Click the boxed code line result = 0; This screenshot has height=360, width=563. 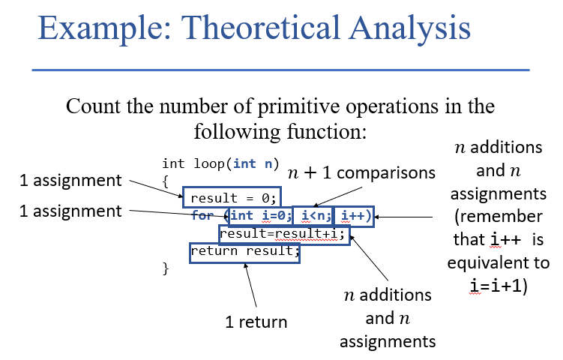[x=233, y=198]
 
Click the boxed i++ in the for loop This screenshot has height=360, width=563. [x=354, y=217]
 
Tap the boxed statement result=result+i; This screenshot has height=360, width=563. [x=284, y=235]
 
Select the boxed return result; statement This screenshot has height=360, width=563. [x=244, y=251]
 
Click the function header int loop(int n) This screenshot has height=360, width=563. [x=220, y=163]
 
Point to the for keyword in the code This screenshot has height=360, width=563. [x=202, y=216]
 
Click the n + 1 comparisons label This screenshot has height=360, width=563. [x=361, y=172]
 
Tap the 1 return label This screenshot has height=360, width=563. [x=256, y=322]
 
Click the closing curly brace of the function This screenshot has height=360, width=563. [x=166, y=267]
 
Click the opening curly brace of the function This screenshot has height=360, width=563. [x=166, y=181]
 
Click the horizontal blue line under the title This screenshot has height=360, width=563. [x=280, y=70]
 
